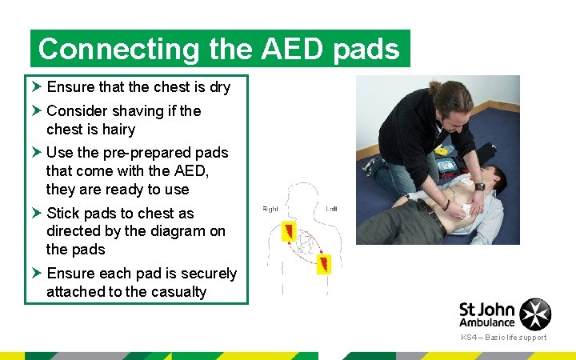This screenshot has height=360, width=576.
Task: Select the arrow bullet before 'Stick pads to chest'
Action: coord(36,214)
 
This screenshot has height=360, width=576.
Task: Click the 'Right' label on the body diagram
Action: coord(271,210)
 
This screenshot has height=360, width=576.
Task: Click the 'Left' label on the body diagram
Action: coord(331,210)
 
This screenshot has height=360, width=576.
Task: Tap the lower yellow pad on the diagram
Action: coord(324,264)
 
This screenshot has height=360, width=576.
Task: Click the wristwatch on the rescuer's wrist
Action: coord(479,186)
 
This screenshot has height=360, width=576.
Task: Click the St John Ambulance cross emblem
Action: coord(535,314)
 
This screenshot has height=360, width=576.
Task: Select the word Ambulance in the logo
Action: coord(487,322)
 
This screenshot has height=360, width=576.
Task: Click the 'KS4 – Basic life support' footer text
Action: coord(503,338)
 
